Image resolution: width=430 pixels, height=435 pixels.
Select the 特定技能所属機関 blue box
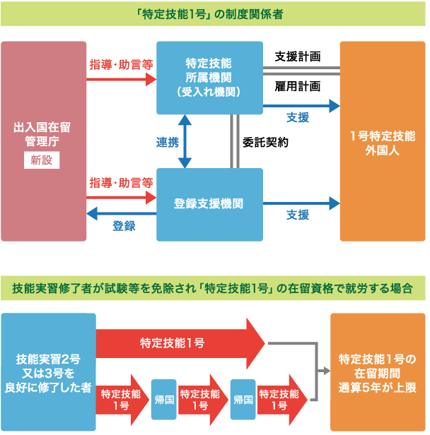click(x=209, y=77)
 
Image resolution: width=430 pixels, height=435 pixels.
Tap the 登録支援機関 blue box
click(x=209, y=204)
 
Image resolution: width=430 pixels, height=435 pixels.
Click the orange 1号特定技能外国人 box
click(x=382, y=141)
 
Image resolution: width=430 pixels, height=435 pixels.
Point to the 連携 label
click(x=167, y=141)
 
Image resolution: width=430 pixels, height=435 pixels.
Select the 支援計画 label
click(x=298, y=56)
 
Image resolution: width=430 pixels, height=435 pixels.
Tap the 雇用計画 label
click(x=298, y=86)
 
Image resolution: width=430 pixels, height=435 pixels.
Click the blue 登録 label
click(x=124, y=226)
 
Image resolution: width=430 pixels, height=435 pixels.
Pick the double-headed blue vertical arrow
click(x=185, y=141)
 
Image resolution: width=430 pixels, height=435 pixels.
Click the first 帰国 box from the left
click(x=163, y=400)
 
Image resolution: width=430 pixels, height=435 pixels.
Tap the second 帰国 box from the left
click(x=243, y=400)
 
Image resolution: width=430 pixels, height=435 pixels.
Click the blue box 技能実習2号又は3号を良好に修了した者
click(x=48, y=372)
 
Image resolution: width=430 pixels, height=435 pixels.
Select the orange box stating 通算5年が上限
click(x=378, y=372)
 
